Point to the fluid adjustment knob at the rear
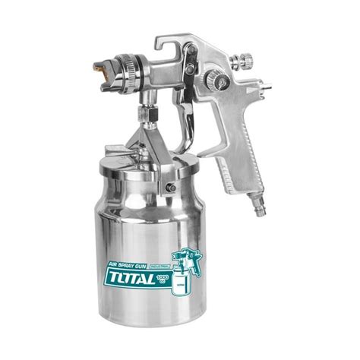[x=245, y=57]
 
